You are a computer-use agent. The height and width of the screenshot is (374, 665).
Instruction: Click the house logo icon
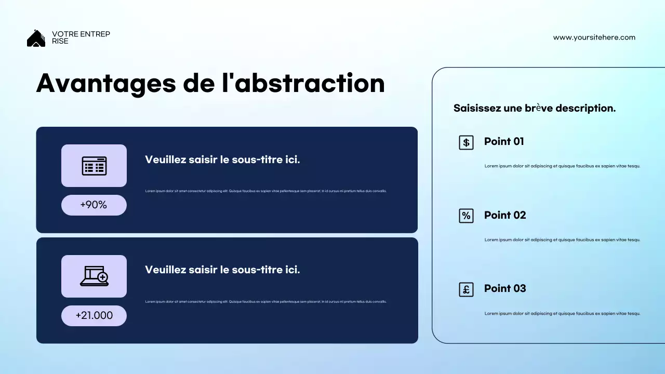tap(36, 38)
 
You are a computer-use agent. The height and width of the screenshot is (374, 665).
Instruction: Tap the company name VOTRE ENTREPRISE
tap(81, 37)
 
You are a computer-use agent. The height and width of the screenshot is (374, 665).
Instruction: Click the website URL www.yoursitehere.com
tap(594, 37)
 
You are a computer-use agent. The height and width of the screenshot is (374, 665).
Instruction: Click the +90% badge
tap(94, 205)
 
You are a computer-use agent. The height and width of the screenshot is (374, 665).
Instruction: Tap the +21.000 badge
tap(94, 316)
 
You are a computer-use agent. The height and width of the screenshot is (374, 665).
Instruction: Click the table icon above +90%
tap(94, 166)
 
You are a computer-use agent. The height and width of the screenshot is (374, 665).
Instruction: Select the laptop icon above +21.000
tap(94, 276)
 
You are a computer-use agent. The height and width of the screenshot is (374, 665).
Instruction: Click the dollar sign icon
tap(466, 142)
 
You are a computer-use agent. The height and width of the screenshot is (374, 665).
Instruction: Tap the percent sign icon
tap(466, 216)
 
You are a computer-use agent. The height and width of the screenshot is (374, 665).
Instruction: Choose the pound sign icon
tap(466, 289)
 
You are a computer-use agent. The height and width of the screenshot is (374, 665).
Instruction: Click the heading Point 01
tap(504, 141)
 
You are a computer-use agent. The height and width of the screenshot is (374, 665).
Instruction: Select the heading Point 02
tap(505, 215)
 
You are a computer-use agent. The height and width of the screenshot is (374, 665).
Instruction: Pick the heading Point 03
tap(505, 288)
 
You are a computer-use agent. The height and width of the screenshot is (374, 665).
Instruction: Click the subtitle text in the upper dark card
tap(222, 159)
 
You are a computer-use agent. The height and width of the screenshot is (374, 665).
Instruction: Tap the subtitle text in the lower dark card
tap(222, 270)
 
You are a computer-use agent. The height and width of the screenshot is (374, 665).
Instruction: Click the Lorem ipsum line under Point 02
tap(562, 240)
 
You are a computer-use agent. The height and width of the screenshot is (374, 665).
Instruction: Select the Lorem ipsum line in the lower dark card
tap(265, 302)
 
